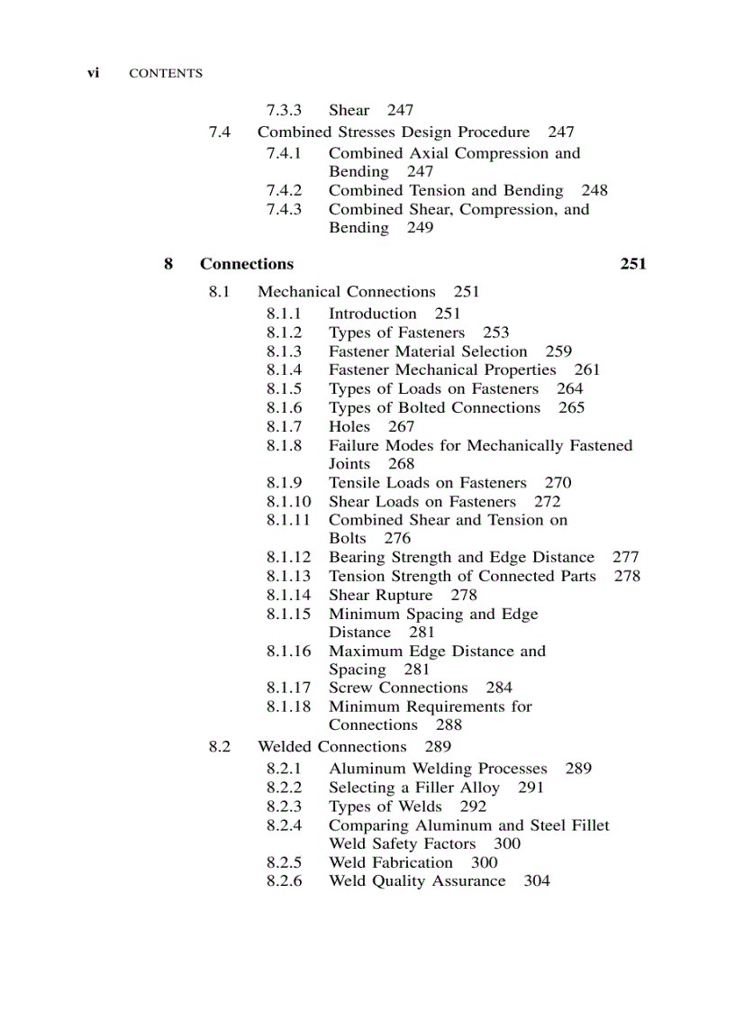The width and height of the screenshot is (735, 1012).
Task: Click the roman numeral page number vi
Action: [93, 73]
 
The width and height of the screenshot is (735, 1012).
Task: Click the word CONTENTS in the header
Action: [166, 74]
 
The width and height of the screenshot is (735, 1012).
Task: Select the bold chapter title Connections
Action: [247, 264]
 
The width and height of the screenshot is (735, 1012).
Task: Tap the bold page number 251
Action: [633, 264]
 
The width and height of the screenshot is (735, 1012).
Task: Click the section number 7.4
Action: [220, 132]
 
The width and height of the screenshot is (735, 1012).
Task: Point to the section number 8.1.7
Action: [284, 426]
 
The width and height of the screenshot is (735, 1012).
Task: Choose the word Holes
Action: [349, 426]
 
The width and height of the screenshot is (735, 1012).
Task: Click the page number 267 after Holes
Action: [401, 426]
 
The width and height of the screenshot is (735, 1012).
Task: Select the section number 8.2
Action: [220, 746]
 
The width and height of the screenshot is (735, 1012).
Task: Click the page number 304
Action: [537, 880]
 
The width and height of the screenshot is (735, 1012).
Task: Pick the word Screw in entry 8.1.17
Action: [351, 688]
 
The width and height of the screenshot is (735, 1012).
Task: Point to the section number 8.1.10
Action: [288, 501]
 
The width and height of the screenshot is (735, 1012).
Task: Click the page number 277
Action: [625, 557]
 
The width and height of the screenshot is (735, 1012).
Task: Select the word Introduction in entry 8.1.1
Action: [373, 314]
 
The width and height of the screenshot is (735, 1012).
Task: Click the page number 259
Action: [558, 351]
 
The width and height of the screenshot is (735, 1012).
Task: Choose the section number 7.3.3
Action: [284, 110]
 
